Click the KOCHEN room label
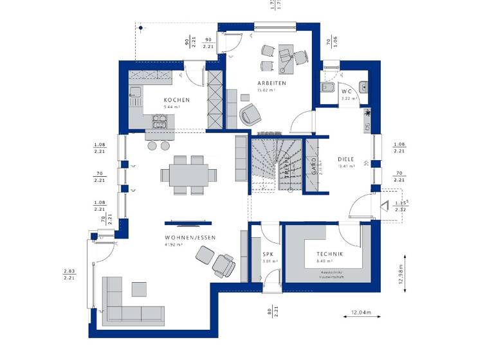(x=176, y=100)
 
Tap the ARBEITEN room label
(x=273, y=84)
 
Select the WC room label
(x=347, y=91)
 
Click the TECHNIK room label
(x=329, y=255)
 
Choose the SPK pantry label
(x=268, y=255)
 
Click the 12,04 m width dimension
(x=361, y=313)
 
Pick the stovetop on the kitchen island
(x=158, y=120)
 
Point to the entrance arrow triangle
(x=385, y=206)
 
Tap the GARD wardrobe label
(x=314, y=166)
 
